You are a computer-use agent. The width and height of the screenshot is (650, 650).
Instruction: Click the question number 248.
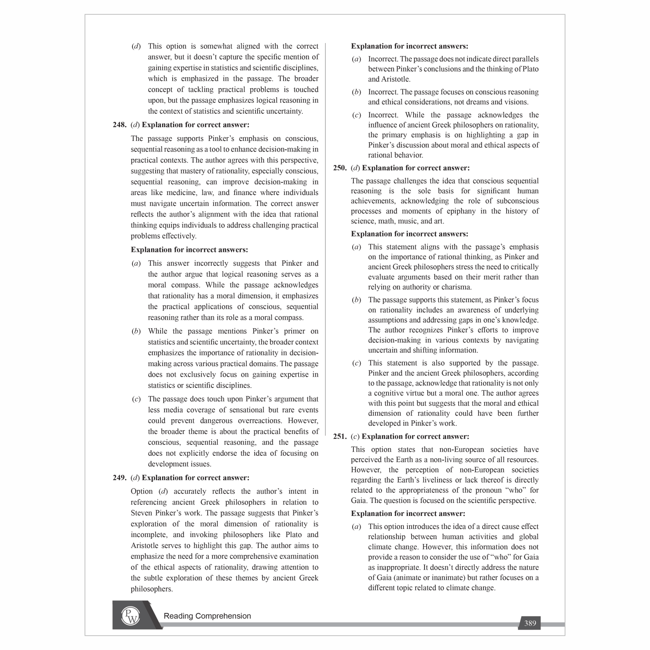[x=119, y=125]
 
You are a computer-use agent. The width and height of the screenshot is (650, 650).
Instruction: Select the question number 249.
[x=119, y=478]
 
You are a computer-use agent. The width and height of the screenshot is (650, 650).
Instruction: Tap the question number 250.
[x=340, y=168]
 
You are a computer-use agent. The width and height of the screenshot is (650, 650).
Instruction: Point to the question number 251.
[x=340, y=437]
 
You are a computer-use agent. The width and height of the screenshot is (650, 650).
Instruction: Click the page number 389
[x=530, y=623]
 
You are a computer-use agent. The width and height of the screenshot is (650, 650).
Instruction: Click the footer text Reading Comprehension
[x=207, y=616]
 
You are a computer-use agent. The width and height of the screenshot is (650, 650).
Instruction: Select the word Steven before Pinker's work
[x=142, y=513]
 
